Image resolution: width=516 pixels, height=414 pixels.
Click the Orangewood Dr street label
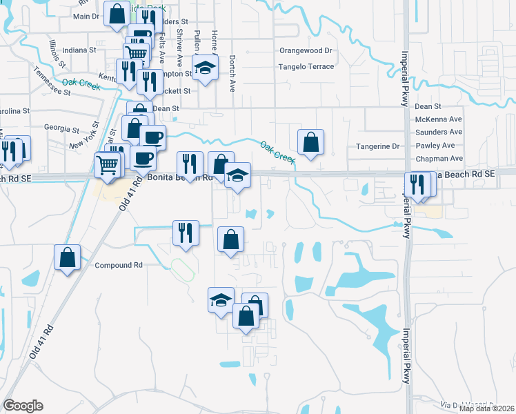[306, 50]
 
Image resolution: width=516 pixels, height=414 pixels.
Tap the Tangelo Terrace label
[306, 67]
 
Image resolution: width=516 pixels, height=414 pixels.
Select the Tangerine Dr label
[377, 146]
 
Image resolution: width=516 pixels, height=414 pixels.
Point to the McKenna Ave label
[438, 119]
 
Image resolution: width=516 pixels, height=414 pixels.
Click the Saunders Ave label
[439, 132]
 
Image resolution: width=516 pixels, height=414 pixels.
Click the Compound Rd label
[118, 265]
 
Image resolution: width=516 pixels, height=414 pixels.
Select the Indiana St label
[79, 50]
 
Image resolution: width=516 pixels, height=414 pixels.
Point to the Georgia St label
[62, 128]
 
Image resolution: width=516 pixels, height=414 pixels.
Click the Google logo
[23, 405]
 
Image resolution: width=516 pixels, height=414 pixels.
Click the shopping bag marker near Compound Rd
[67, 258]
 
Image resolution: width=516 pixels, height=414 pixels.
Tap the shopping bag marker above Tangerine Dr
[310, 142]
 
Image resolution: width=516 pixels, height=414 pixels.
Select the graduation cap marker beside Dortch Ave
[205, 68]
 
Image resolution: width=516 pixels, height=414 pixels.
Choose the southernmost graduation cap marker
[221, 300]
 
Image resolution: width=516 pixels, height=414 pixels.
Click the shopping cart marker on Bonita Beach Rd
[108, 165]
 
